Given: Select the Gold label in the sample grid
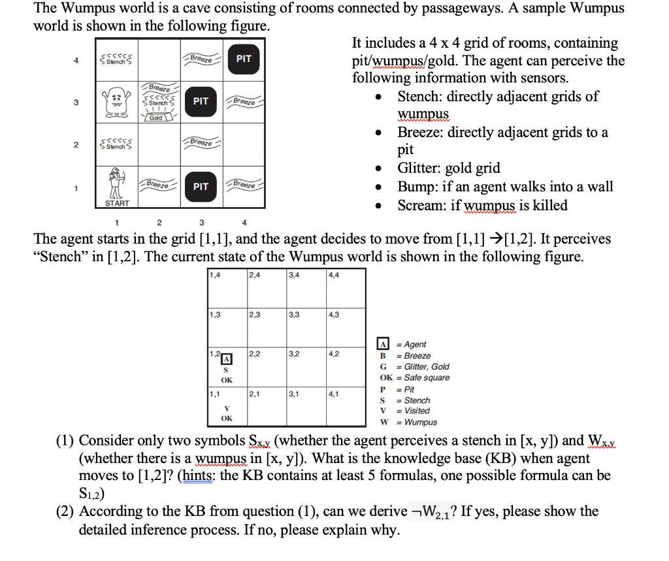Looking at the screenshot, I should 155,118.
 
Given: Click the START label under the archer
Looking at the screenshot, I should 118,204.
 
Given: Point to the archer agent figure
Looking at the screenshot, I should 118,184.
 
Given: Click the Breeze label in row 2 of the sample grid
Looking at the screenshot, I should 201,142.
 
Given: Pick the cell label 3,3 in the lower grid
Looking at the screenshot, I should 295,315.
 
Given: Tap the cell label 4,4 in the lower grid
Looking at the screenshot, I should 334,275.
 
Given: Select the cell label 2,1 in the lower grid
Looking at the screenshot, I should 255,394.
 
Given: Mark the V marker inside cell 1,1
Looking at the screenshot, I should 227,408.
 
